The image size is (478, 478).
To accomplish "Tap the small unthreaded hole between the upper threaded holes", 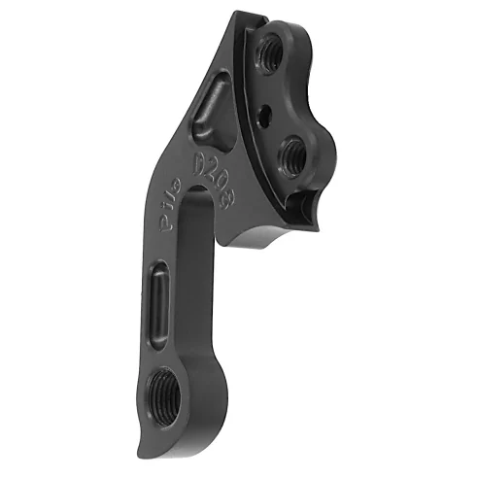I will tap(263, 114).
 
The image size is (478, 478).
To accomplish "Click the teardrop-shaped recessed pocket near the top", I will tap(211, 108).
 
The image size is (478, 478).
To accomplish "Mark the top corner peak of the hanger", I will tap(241, 13).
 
